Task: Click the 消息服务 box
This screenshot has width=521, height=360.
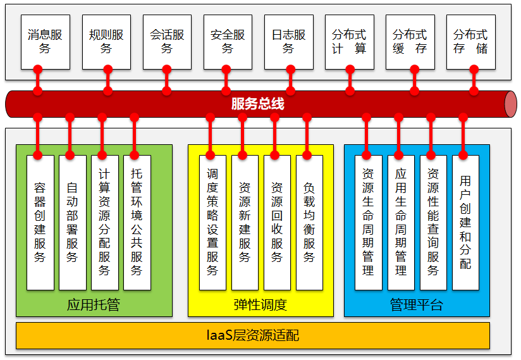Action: pyautogui.click(x=45, y=42)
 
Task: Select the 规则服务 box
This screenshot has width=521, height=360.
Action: pyautogui.click(x=106, y=42)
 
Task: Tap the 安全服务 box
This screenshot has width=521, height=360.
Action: pyautogui.click(x=228, y=42)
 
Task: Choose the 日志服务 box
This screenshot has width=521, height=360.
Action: pyautogui.click(x=288, y=42)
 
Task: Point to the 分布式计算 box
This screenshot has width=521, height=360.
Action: pyautogui.click(x=349, y=42)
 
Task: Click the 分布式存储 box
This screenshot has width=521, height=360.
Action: pyautogui.click(x=471, y=42)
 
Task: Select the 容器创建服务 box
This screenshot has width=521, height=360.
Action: pyautogui.click(x=40, y=223)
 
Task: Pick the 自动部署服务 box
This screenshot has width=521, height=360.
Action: pyautogui.click(x=72, y=223)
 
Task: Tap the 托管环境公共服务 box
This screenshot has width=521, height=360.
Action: pyautogui.click(x=137, y=223)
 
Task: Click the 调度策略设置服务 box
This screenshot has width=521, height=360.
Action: pyautogui.click(x=212, y=223)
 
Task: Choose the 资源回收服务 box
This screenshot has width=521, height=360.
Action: pyautogui.click(x=277, y=223)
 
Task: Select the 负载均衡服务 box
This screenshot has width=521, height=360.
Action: pyautogui.click(x=309, y=223)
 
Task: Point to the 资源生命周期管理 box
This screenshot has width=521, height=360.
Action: pyautogui.click(x=368, y=223)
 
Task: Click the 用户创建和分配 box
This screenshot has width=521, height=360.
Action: pyautogui.click(x=465, y=223)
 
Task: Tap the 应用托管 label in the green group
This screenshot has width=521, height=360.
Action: pyautogui.click(x=93, y=305)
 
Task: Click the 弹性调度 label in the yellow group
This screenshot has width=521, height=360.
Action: pyautogui.click(x=260, y=305)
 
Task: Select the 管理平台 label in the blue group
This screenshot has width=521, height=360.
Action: pyautogui.click(x=417, y=305)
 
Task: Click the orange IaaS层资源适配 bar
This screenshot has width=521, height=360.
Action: pyautogui.click(x=252, y=335)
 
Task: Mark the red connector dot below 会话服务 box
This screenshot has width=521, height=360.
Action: pyautogui.click(x=167, y=67)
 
